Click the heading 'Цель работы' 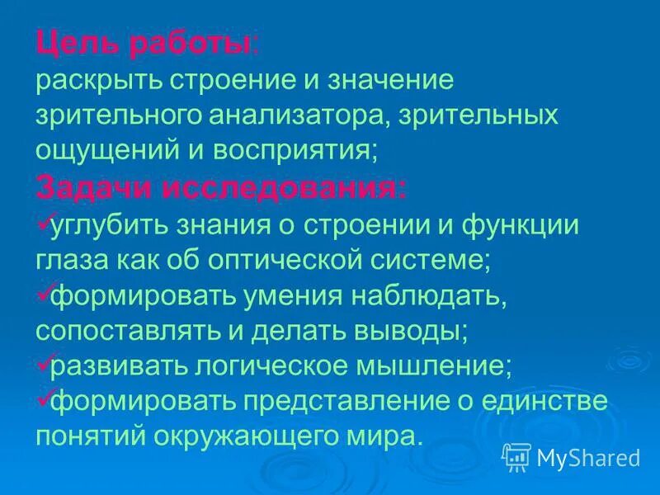[144, 45]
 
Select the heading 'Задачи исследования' [221, 188]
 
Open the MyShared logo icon [516, 455]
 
